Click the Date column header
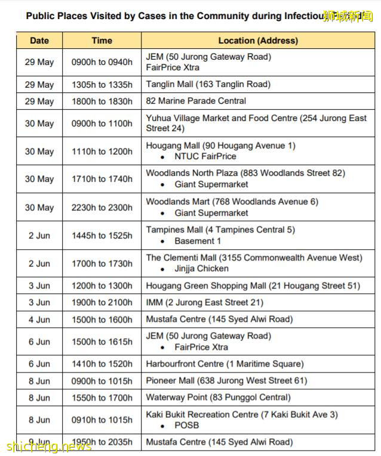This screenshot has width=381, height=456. coord(39,41)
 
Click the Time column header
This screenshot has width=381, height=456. coord(102,41)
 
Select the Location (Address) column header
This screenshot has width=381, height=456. coord(257,41)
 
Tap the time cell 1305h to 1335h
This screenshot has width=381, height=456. coord(102,85)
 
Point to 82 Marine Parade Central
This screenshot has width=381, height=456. coord(196,101)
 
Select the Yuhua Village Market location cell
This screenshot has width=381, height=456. coord(256,123)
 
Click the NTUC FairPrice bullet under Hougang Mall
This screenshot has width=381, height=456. coord(205,157)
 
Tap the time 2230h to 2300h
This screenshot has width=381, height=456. coord(102,207)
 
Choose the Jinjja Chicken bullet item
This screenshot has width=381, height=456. coord(201,269)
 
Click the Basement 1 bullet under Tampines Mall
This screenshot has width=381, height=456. coord(197,241)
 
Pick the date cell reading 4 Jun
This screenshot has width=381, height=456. coord(39,319)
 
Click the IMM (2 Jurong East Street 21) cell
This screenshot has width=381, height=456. coord(204,303)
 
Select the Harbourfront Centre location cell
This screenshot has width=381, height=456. coord(225,364)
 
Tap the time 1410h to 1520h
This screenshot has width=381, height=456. coord(102,364)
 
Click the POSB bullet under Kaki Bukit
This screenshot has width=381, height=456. coord(186,426)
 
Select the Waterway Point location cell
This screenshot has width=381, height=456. coord(218,398)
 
